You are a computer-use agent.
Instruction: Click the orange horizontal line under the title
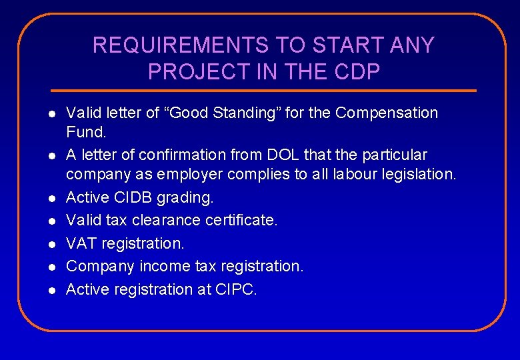pos(264,91)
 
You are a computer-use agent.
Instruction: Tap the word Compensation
pos(387,113)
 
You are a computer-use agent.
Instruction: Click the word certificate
pos(242,220)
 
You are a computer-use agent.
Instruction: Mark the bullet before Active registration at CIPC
pos(51,290)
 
